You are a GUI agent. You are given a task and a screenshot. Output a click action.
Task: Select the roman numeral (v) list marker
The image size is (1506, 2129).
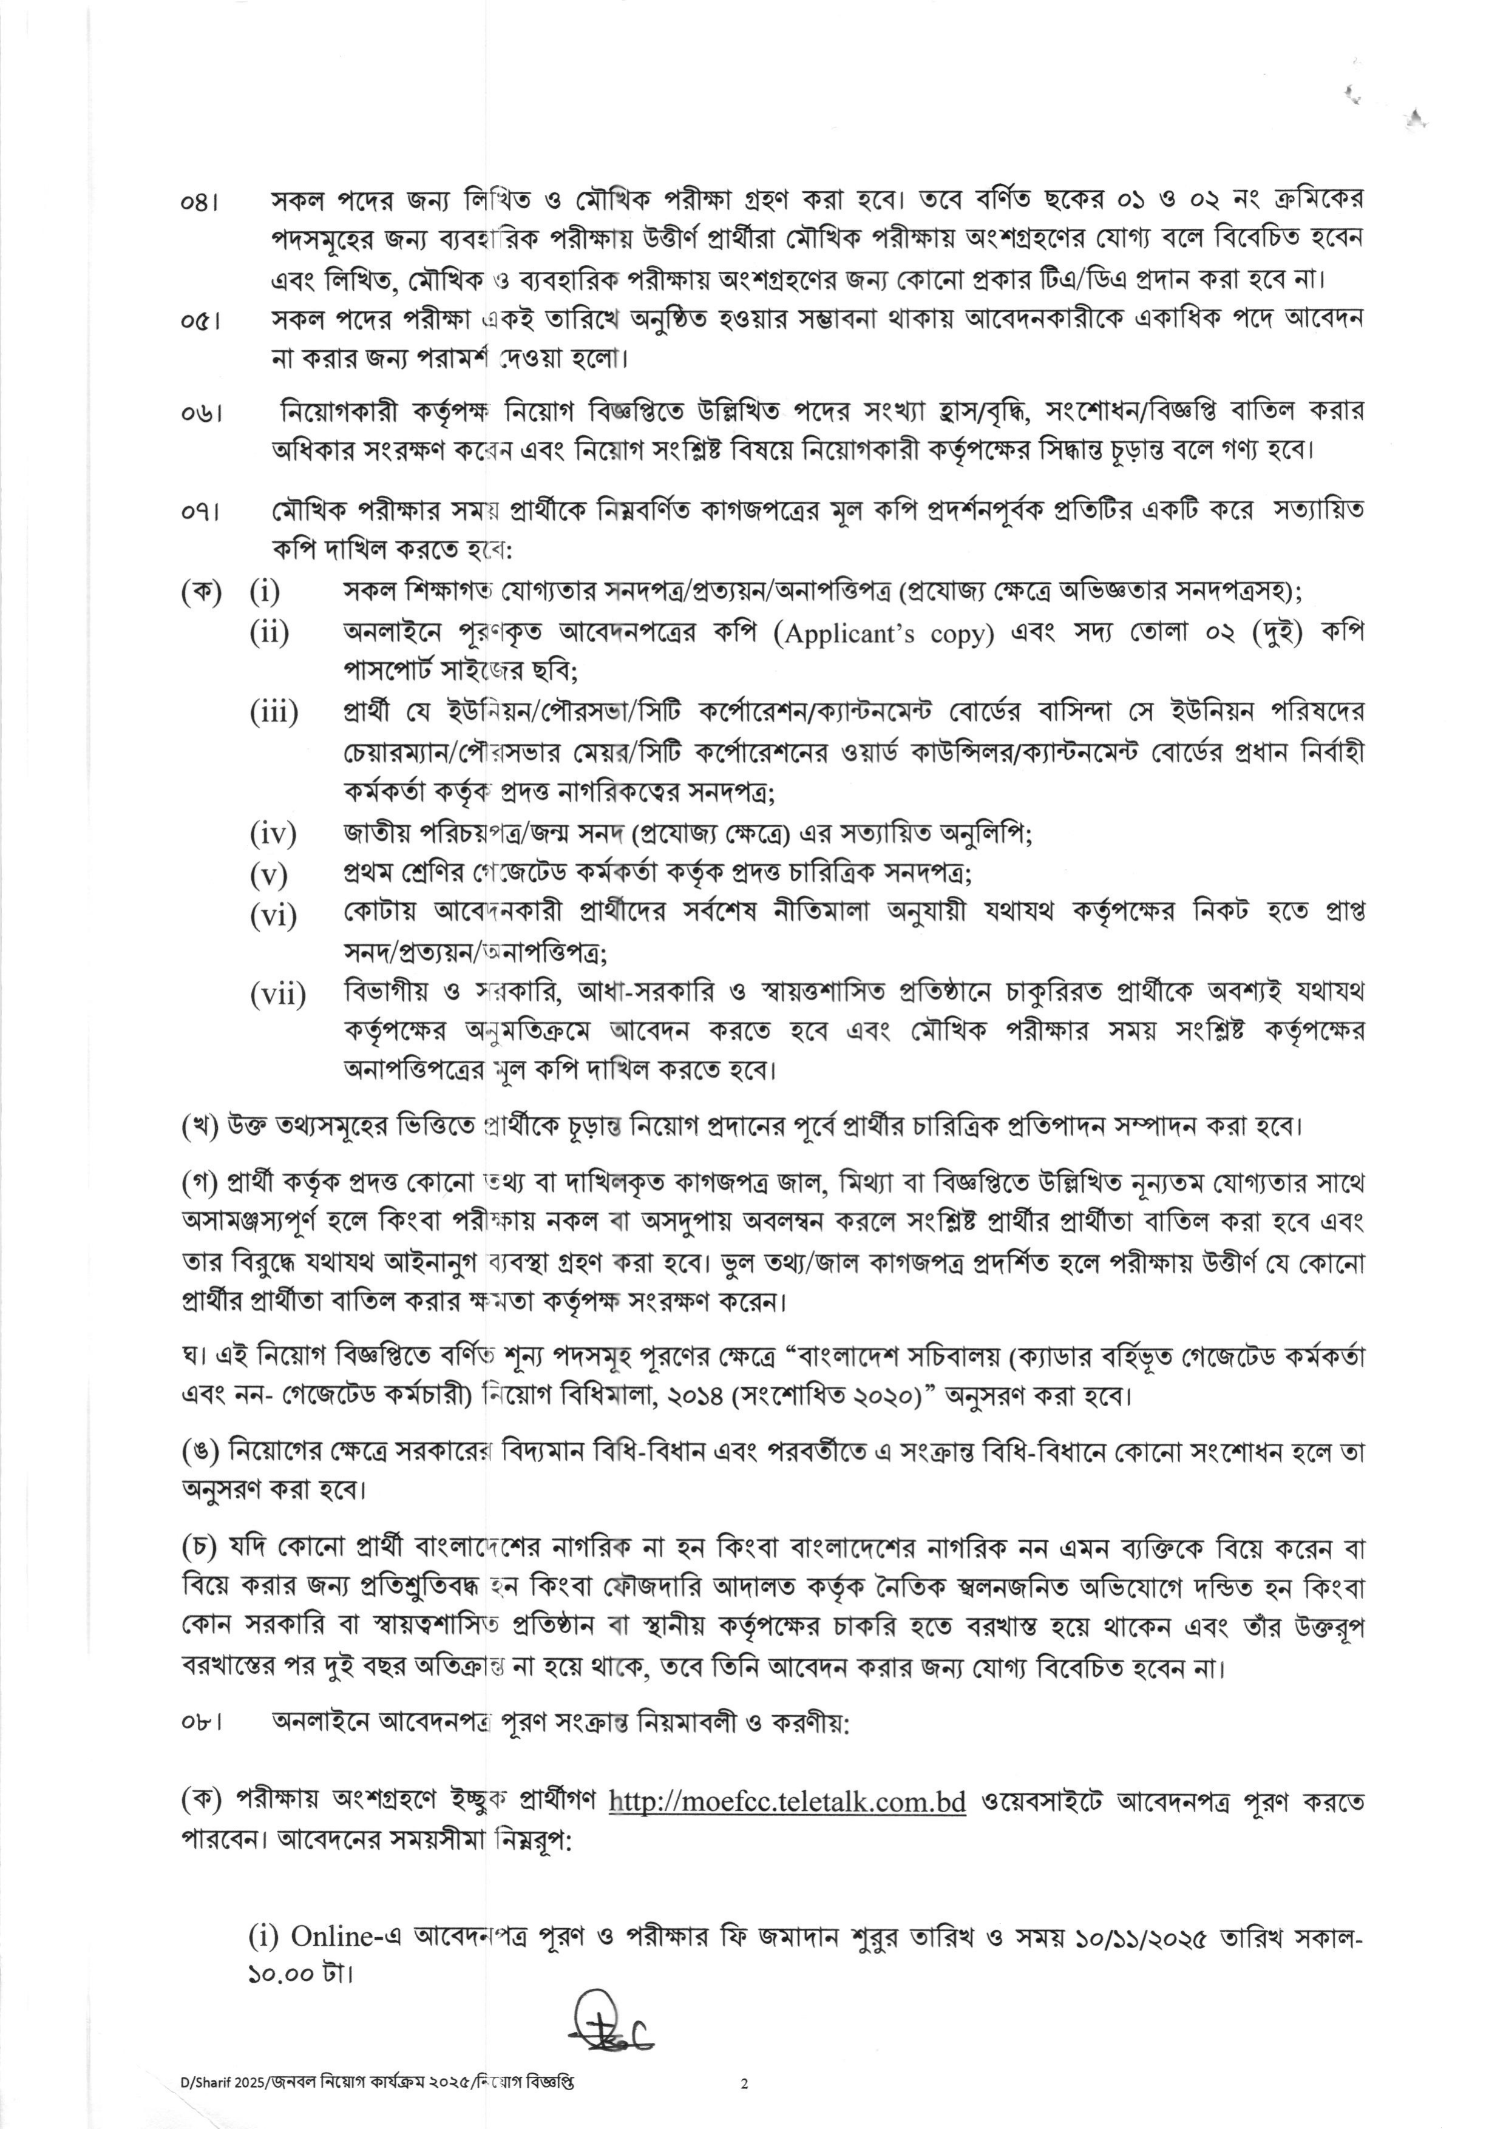pyautogui.click(x=269, y=875)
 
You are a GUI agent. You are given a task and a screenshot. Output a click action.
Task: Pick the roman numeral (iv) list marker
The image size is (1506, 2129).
pyautogui.click(x=273, y=834)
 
